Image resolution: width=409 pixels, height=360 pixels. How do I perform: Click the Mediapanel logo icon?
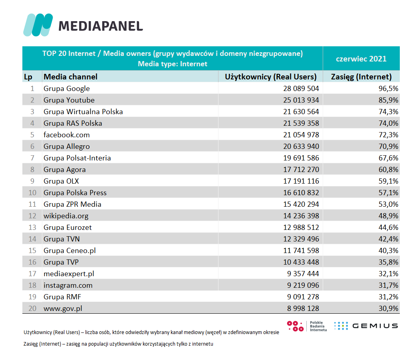point(38,25)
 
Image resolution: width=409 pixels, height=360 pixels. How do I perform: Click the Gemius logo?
point(366,326)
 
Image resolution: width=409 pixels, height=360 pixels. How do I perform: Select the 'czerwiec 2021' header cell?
point(361,59)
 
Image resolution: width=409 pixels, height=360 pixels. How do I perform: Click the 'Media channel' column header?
point(70,77)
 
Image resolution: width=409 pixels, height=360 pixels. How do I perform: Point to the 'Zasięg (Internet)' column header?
point(361,77)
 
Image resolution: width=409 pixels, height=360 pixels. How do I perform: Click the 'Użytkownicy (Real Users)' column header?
point(271,77)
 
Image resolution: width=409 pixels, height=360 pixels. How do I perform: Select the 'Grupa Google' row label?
point(67,89)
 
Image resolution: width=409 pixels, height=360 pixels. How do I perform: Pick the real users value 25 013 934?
point(301,100)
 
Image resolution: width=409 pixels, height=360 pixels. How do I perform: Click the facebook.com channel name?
point(67,135)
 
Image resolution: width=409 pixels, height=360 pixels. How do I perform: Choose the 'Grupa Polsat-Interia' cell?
point(77,158)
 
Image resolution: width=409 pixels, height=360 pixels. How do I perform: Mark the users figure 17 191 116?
point(301,181)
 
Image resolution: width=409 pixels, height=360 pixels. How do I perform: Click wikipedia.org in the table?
point(66,216)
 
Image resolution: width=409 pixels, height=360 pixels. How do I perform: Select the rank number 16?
point(32,262)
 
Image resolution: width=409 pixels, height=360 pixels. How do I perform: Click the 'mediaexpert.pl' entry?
point(69,274)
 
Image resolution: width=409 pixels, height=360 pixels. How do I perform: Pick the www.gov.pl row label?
point(63,309)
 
